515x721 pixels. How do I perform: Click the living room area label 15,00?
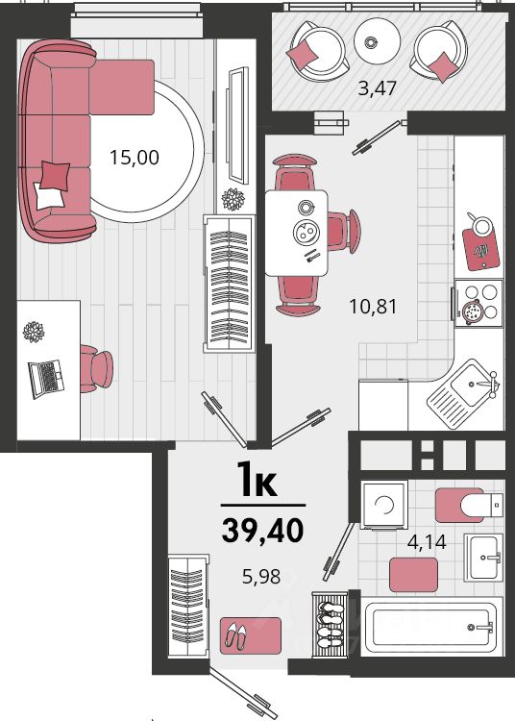(135, 158)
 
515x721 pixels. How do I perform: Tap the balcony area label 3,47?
(377, 87)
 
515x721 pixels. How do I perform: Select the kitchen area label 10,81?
(373, 307)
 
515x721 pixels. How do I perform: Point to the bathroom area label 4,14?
(427, 542)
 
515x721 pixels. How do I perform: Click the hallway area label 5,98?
(261, 577)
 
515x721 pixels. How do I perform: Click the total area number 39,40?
(262, 530)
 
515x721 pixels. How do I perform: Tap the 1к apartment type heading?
(257, 481)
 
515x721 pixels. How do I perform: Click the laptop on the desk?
(46, 378)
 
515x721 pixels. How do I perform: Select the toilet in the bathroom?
(469, 506)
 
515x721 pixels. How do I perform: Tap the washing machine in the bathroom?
(384, 505)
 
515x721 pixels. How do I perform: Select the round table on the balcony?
(378, 41)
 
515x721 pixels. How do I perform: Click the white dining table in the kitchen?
(296, 234)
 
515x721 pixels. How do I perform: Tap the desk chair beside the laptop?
(95, 369)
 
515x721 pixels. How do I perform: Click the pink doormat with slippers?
(251, 635)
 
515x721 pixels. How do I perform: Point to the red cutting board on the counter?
(481, 248)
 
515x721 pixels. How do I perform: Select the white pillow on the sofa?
(48, 196)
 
